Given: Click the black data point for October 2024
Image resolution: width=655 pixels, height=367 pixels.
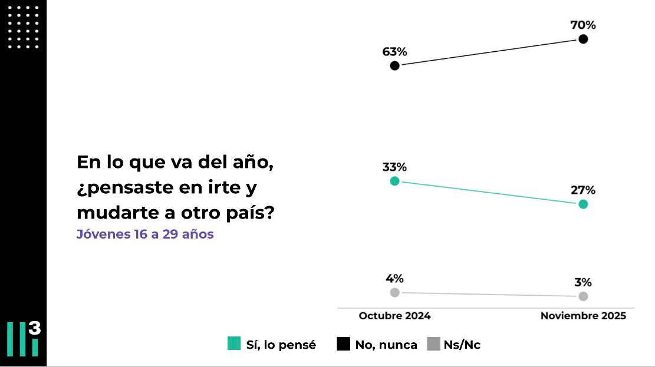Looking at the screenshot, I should (x=394, y=65).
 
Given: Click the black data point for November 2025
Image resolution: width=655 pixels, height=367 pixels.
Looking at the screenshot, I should (x=583, y=39).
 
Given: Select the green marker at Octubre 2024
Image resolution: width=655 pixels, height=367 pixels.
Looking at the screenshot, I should (x=394, y=181).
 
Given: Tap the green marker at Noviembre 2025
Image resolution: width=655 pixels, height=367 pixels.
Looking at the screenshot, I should (x=583, y=204).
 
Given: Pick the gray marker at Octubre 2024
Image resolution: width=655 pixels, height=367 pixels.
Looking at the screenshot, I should (x=394, y=292).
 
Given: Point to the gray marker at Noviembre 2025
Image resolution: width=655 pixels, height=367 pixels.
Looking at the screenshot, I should (x=583, y=296).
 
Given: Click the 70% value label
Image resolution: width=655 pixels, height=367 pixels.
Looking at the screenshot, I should (x=583, y=25).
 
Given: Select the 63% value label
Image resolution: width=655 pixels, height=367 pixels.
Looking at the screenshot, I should (x=394, y=51).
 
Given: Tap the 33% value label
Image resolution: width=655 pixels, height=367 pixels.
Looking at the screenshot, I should (x=394, y=167).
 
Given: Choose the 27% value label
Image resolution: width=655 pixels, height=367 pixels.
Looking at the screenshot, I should (x=583, y=190).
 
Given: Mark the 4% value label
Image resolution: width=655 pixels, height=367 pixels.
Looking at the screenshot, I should (x=394, y=279).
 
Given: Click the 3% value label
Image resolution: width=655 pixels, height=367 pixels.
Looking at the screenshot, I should (x=583, y=282).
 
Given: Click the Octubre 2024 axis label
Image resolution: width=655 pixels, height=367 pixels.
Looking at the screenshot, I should (x=394, y=316).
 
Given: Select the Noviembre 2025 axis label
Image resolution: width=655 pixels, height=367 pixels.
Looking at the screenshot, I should (x=583, y=316).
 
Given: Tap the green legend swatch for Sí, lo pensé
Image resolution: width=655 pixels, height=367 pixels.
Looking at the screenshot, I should (x=234, y=344).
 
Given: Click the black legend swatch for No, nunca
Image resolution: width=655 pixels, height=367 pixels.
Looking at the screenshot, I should (x=343, y=344).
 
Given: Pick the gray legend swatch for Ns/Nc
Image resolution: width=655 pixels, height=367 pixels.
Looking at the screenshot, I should (x=433, y=344).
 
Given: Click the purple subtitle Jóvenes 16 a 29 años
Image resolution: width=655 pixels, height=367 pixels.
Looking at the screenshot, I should (x=145, y=234).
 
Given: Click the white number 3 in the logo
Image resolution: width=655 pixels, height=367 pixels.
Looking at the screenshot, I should (x=35, y=328).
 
